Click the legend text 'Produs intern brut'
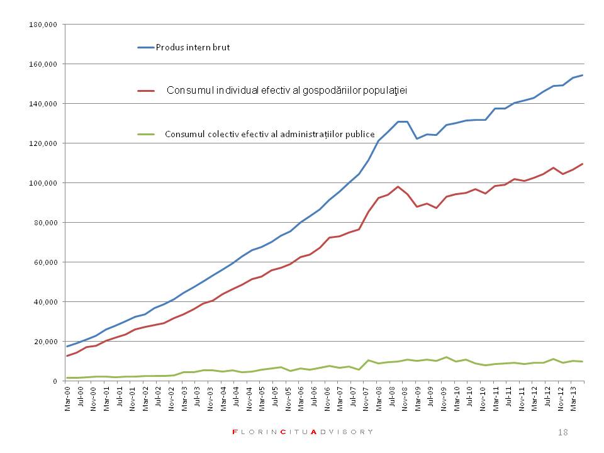coord(193,47)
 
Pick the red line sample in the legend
coord(146,91)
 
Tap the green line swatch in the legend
coord(146,134)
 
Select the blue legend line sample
coord(146,47)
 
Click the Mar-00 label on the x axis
coord(68,396)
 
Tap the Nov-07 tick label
coord(364,396)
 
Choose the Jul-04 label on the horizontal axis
coord(235,396)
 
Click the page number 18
coord(562,432)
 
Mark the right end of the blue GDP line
coord(583,75)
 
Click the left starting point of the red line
coord(67,356)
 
